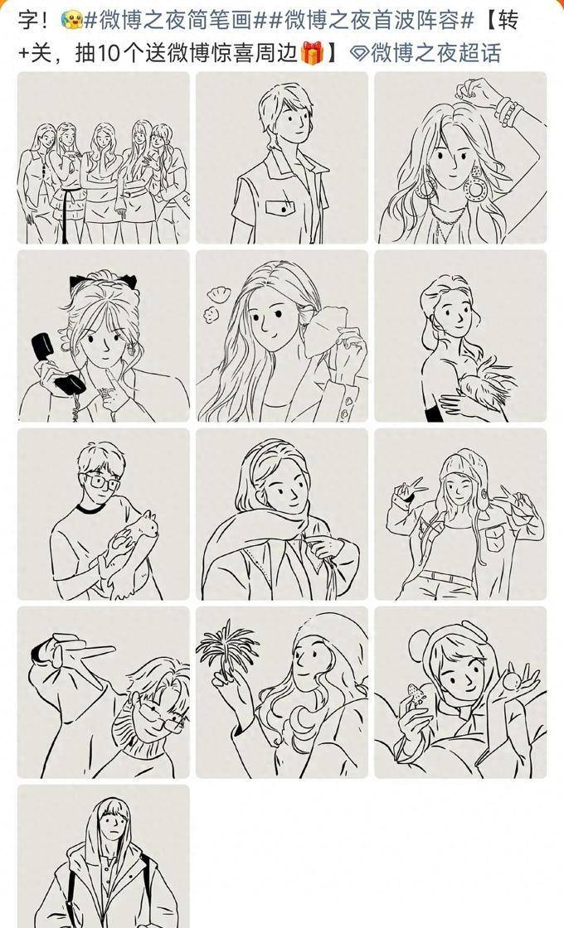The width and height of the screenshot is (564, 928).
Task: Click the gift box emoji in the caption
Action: pyautogui.click(x=312, y=53)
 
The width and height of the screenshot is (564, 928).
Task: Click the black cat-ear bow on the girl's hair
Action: pyautogui.click(x=104, y=281)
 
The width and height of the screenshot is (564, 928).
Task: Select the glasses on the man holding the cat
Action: pyautogui.click(x=102, y=482)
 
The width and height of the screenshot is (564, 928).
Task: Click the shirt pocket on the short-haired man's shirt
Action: pyautogui.click(x=280, y=208)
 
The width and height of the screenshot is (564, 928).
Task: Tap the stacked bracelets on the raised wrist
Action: pyautogui.click(x=508, y=111)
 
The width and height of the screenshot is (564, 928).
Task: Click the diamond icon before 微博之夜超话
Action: pyautogui.click(x=359, y=53)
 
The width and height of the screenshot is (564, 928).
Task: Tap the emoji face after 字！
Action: pyautogui.click(x=70, y=20)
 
